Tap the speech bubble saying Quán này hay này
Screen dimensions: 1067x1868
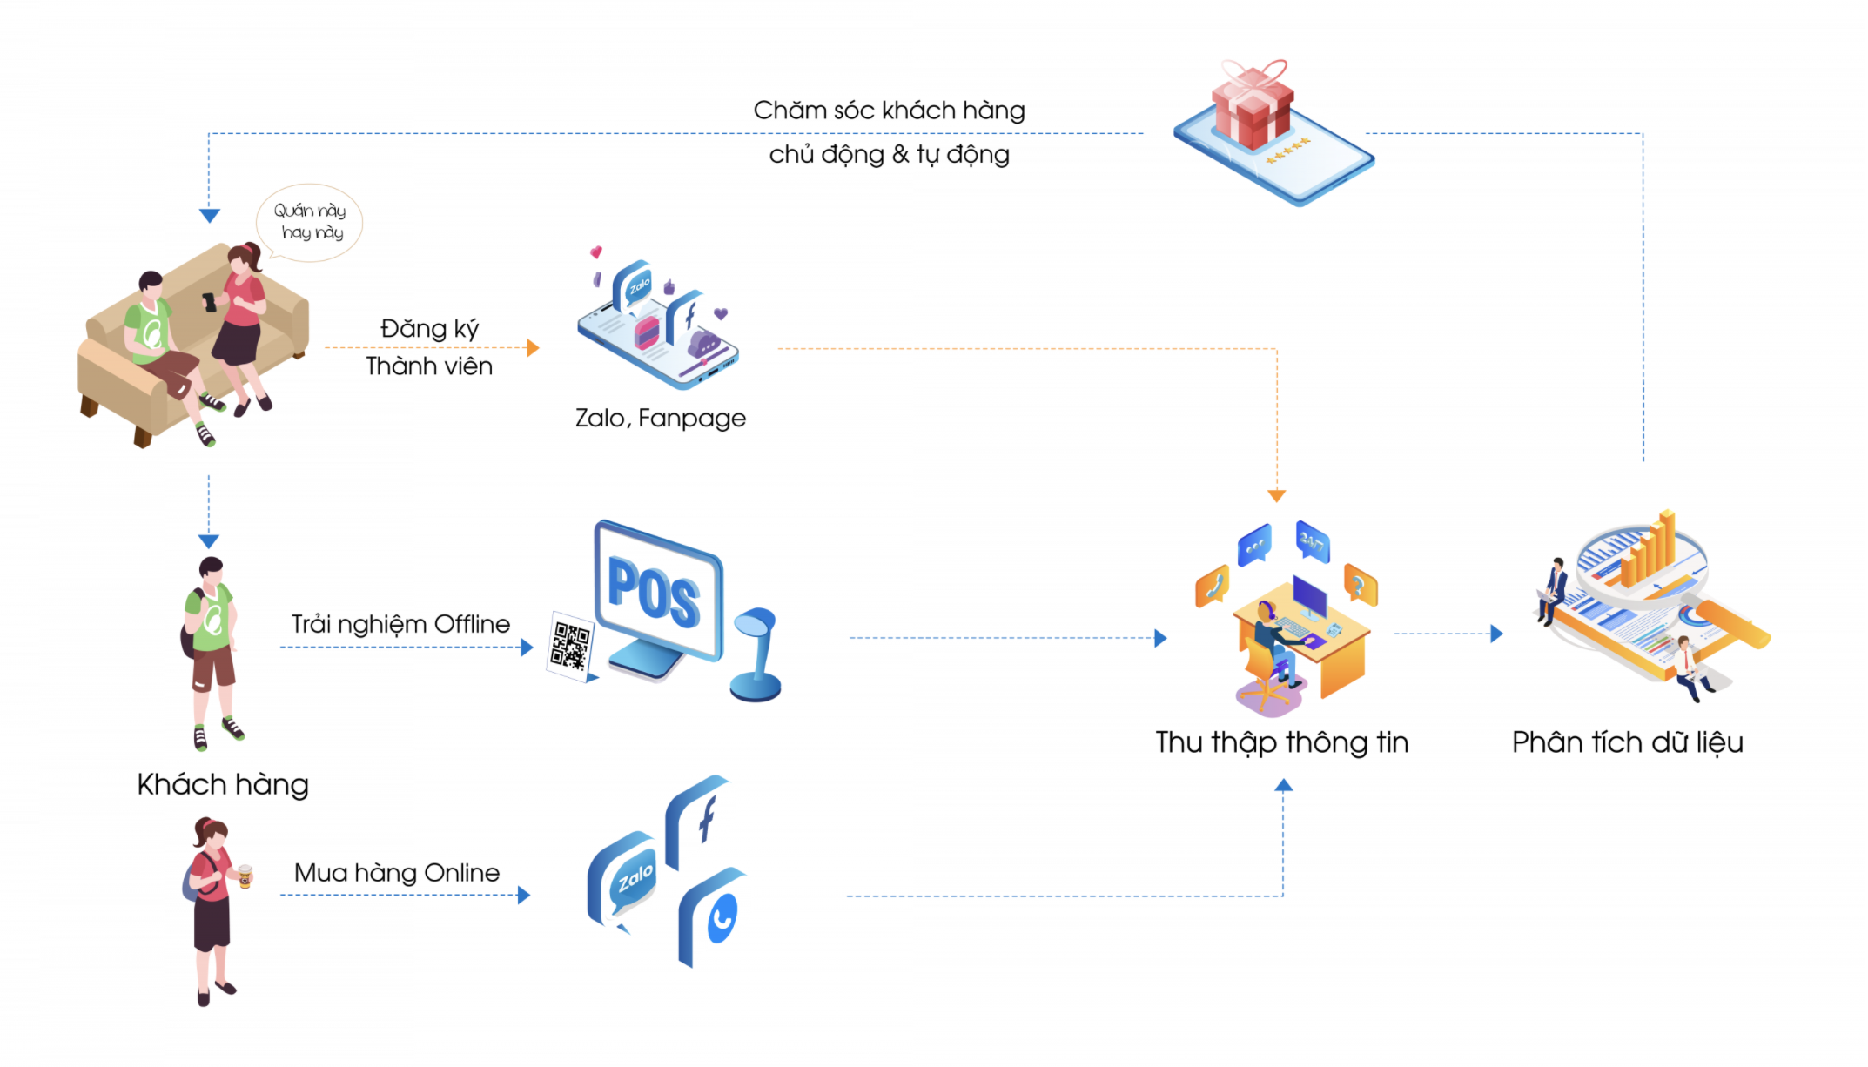click(x=309, y=221)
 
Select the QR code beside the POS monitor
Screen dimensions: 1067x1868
click(x=569, y=646)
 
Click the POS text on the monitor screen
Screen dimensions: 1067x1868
click(x=654, y=591)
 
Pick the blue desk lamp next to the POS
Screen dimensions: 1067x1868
click(x=756, y=654)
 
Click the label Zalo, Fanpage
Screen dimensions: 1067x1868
click(x=660, y=419)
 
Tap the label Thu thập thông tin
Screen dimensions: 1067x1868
click(x=1281, y=742)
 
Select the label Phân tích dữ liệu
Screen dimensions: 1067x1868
click(x=1627, y=742)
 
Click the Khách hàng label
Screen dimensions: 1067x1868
click(x=223, y=784)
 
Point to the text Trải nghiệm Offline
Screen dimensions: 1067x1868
click(x=400, y=624)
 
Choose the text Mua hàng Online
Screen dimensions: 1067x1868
click(x=397, y=873)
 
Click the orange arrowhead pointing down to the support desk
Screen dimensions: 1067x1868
click(x=1277, y=495)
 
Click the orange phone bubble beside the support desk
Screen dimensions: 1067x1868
click(x=1213, y=585)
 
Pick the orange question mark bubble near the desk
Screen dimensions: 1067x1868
click(x=1360, y=584)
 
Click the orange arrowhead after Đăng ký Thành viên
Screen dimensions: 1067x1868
click(x=533, y=348)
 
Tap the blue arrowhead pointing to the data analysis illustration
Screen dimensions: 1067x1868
click(x=1496, y=634)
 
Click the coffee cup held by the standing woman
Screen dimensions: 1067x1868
click(x=245, y=875)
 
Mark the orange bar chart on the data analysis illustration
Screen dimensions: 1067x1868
click(x=1648, y=550)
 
